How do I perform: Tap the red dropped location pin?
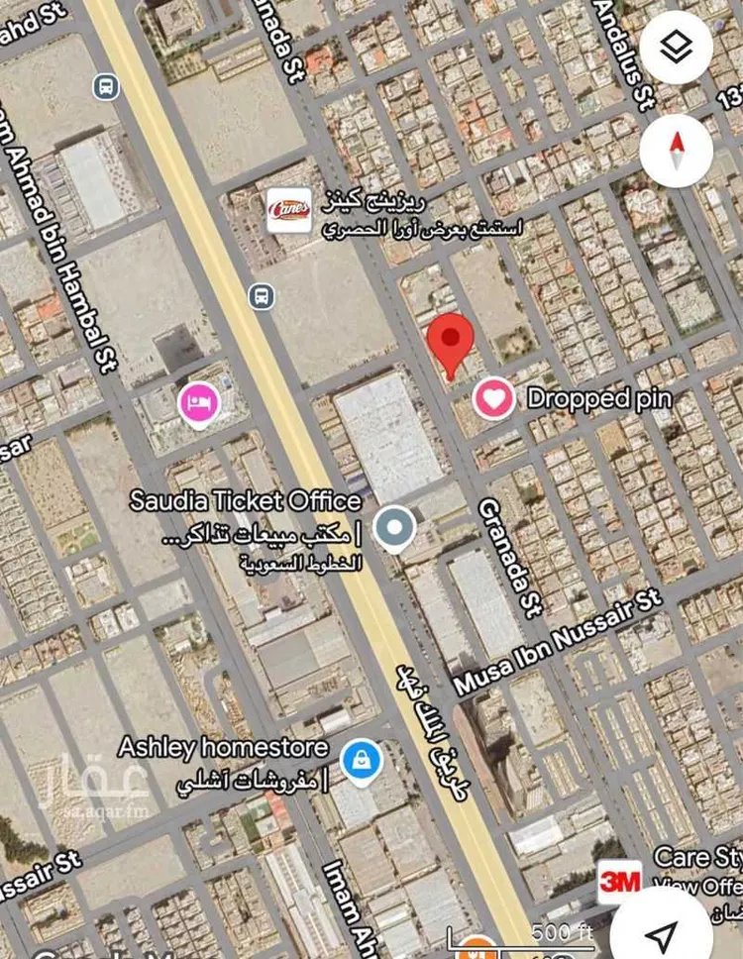pos(451,343)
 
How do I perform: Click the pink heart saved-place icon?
pos(493,399)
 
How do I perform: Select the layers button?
pos(677,48)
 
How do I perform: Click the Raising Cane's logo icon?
pos(289,209)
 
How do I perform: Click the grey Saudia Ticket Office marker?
pos(396,528)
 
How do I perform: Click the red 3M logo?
pos(619,880)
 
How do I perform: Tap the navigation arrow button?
pos(662,933)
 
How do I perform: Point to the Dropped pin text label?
pos(599,399)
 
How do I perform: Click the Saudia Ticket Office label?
pos(246,500)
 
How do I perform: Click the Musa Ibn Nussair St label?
pos(558,643)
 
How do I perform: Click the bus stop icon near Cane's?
pos(262,295)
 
